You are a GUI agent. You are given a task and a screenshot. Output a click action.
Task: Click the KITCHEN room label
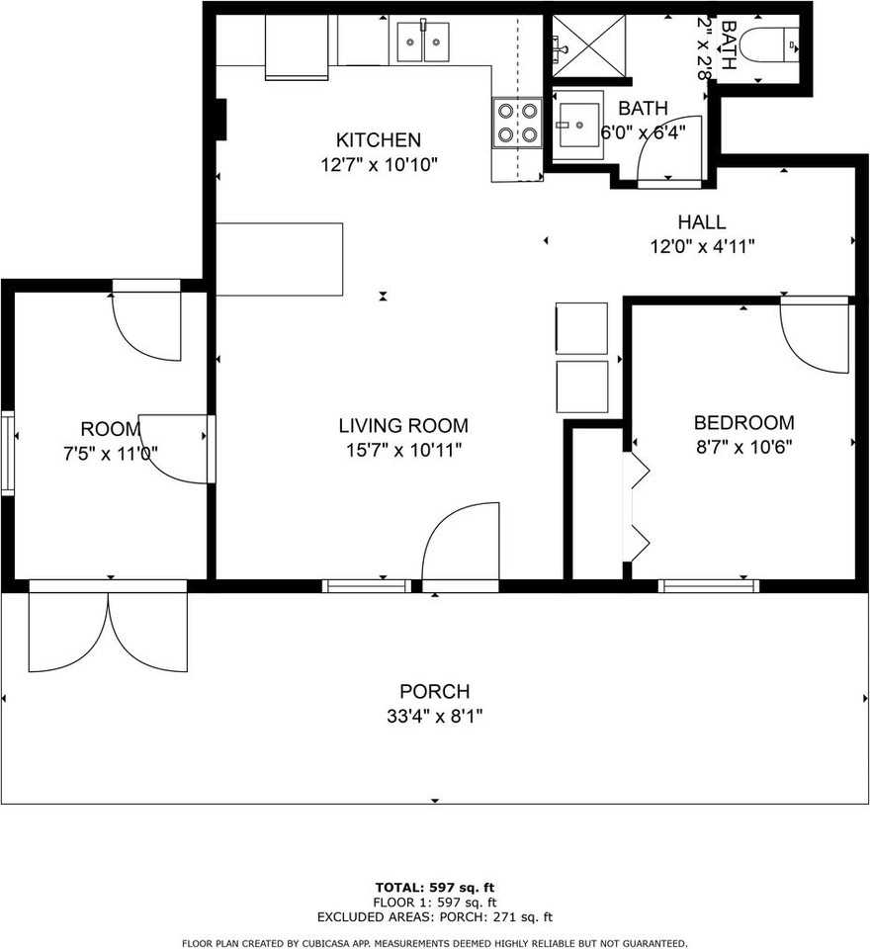(378, 140)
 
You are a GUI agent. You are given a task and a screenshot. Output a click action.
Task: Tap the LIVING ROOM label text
(403, 426)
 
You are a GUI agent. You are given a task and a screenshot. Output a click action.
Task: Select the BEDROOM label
(743, 422)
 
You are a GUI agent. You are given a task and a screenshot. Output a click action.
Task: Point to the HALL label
(702, 222)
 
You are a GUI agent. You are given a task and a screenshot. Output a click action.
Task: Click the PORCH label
(434, 691)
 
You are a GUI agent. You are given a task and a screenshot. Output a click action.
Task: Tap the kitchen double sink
(423, 42)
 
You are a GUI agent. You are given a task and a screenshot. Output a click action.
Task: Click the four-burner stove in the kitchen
(518, 123)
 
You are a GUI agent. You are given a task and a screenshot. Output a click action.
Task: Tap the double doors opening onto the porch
(108, 630)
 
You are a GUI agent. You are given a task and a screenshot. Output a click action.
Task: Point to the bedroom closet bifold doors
(637, 506)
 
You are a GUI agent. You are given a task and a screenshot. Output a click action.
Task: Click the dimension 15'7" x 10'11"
(403, 450)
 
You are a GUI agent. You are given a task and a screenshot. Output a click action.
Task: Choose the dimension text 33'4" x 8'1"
(434, 716)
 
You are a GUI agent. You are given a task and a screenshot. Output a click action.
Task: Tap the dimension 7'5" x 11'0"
(111, 454)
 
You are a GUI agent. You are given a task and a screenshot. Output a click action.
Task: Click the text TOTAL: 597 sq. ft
(434, 886)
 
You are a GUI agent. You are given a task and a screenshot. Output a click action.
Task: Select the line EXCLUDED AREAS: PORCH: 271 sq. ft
(434, 916)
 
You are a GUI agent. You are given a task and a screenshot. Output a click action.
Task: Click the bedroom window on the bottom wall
(709, 586)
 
